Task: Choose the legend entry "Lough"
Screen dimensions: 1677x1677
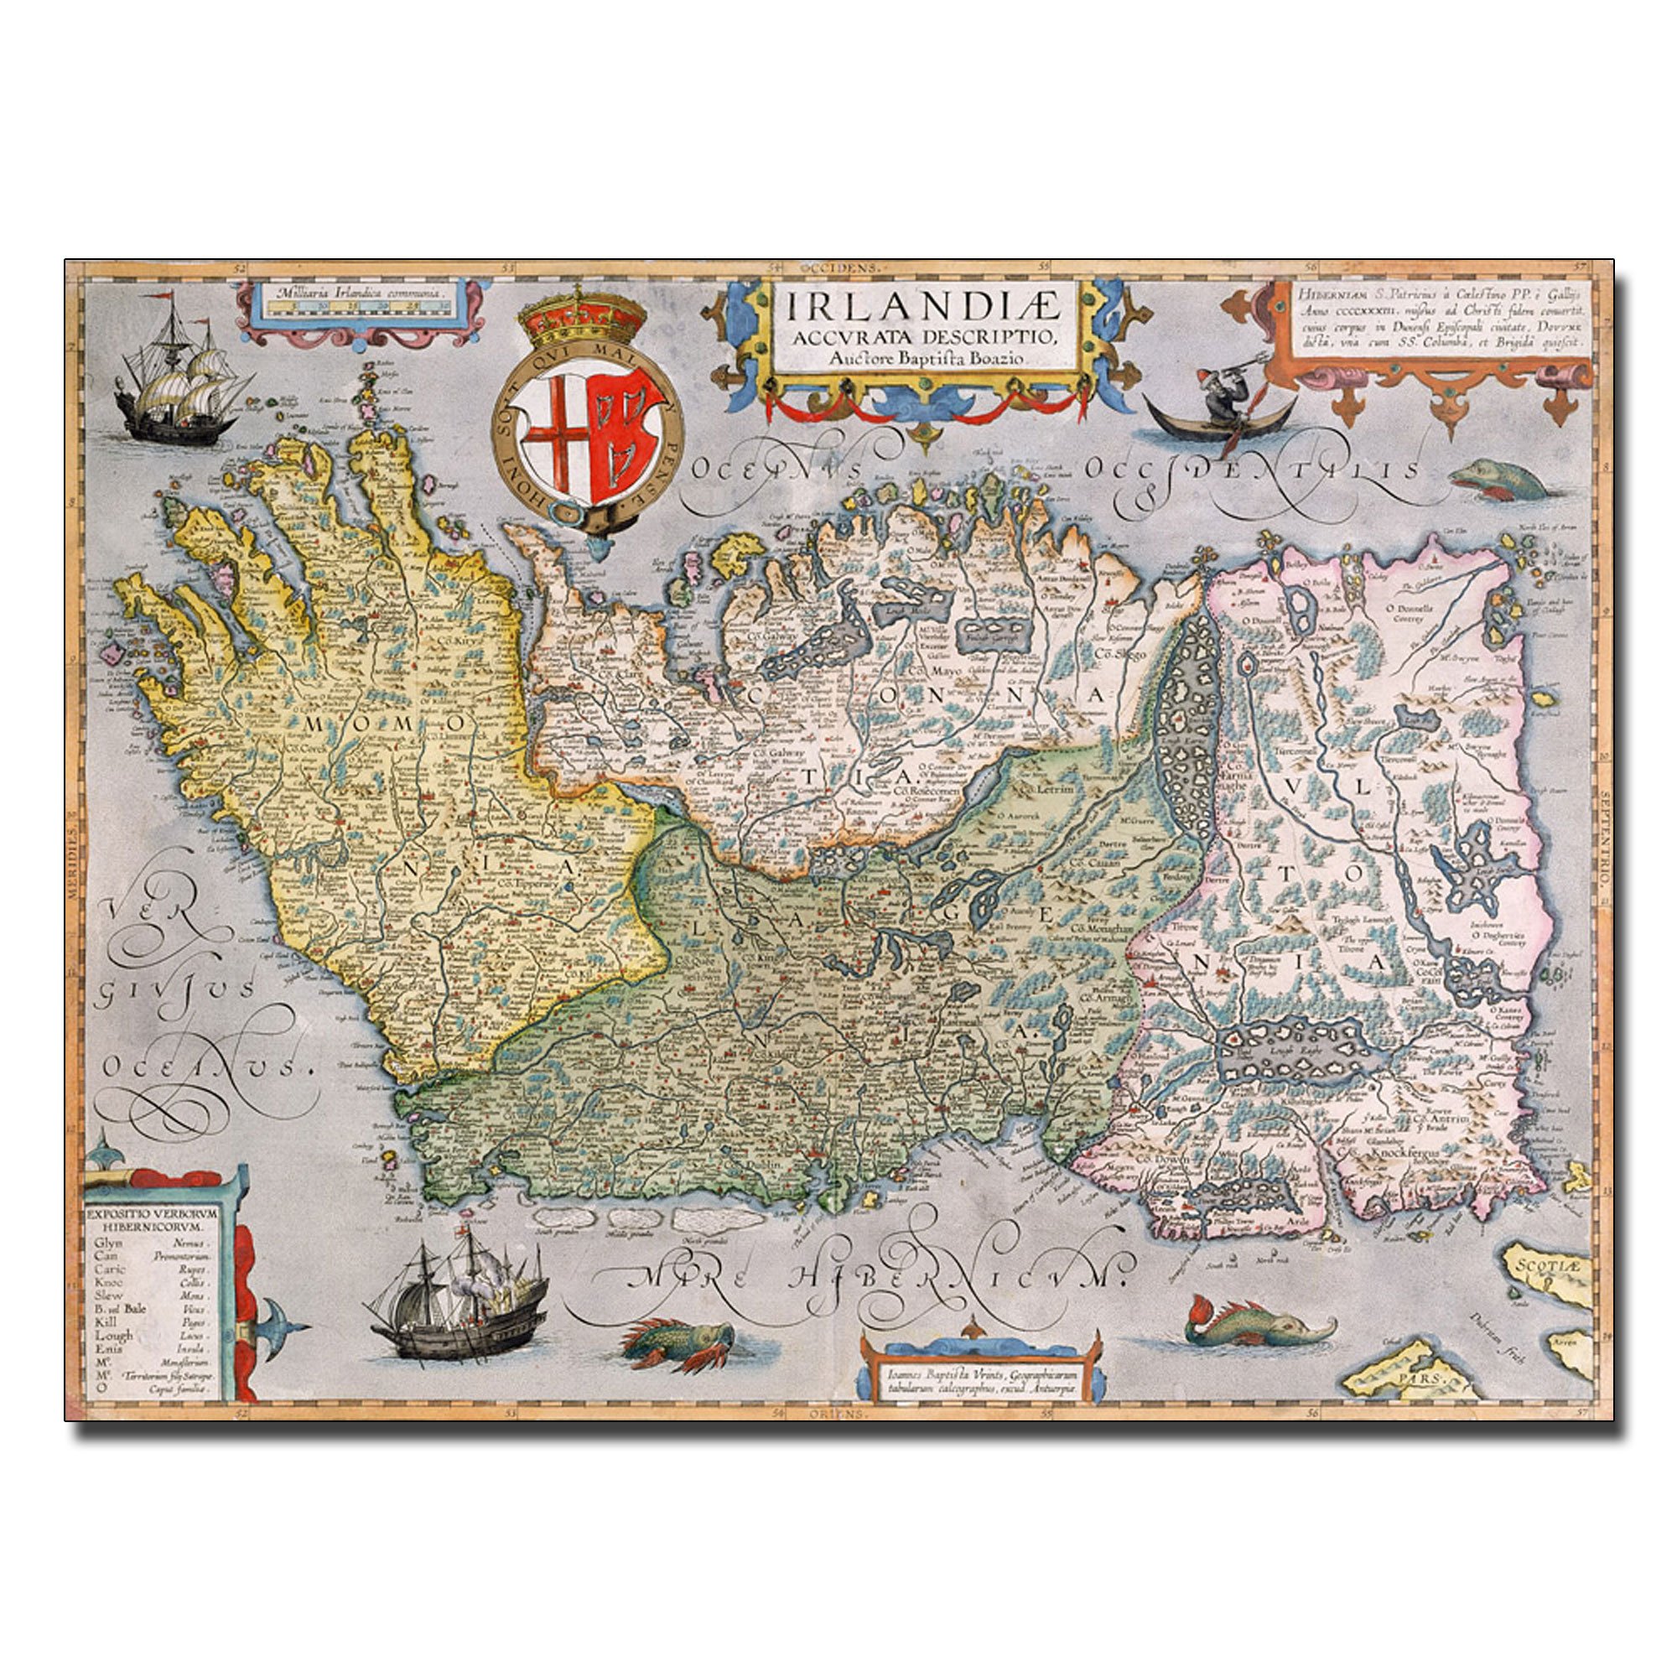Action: tap(114, 1335)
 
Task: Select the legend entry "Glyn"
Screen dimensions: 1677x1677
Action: tap(110, 1242)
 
